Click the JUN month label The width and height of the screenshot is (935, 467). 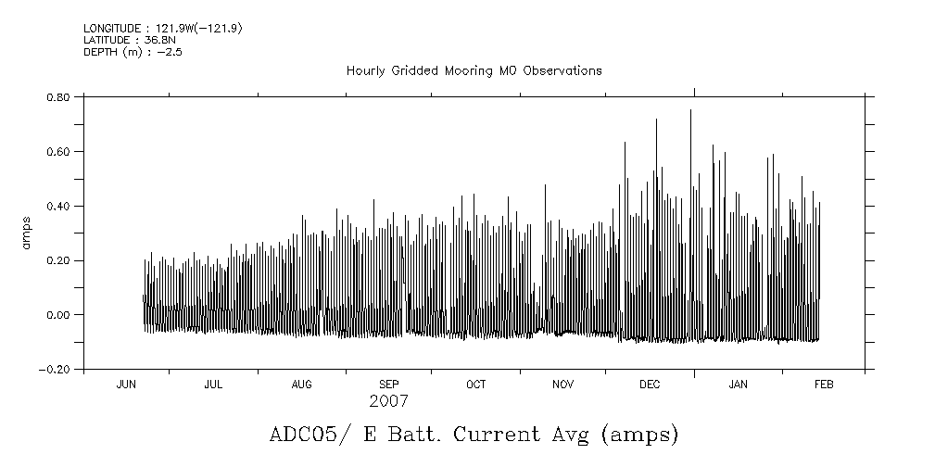[x=126, y=385]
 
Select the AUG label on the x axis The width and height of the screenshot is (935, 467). [x=302, y=385]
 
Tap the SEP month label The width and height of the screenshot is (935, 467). [x=389, y=385]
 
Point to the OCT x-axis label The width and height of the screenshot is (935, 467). [x=475, y=385]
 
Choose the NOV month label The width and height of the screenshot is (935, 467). [x=563, y=385]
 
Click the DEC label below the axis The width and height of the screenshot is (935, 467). [x=650, y=385]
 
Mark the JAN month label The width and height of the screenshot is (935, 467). [x=739, y=385]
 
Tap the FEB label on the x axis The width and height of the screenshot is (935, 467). [x=823, y=385]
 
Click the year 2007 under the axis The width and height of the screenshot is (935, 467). [x=388, y=402]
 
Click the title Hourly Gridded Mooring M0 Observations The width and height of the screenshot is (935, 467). [x=474, y=70]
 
